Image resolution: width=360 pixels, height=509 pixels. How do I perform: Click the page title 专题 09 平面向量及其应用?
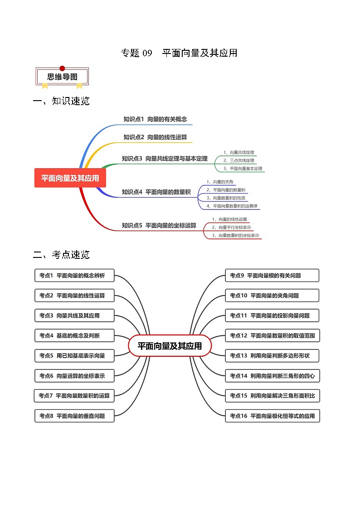[x=179, y=53]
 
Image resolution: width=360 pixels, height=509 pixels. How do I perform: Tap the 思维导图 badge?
[x=62, y=77]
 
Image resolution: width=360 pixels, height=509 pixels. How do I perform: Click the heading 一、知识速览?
[x=61, y=101]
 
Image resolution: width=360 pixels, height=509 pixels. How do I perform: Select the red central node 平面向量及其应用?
[x=70, y=178]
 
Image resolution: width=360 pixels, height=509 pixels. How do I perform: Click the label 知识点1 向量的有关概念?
[x=155, y=119]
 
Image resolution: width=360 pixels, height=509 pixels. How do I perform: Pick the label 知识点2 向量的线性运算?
[x=155, y=137]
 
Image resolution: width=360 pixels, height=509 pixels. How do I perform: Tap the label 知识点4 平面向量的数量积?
[x=156, y=192]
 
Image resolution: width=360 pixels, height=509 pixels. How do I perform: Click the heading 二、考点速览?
[x=61, y=255]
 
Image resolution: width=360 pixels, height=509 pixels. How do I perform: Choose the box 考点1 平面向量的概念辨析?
[x=74, y=276]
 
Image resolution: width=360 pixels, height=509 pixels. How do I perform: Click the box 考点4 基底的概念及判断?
[x=74, y=336]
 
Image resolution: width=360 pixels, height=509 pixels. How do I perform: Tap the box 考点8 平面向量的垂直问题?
[x=74, y=416]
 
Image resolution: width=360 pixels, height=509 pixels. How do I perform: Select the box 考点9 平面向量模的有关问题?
[x=272, y=276]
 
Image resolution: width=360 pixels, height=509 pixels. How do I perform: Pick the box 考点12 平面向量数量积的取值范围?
[x=272, y=336]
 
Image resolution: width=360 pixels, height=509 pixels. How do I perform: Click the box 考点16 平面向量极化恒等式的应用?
[x=272, y=416]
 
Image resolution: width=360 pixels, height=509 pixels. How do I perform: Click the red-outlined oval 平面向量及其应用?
[x=170, y=346]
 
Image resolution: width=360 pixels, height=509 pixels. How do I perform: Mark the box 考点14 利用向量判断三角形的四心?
[x=272, y=376]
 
